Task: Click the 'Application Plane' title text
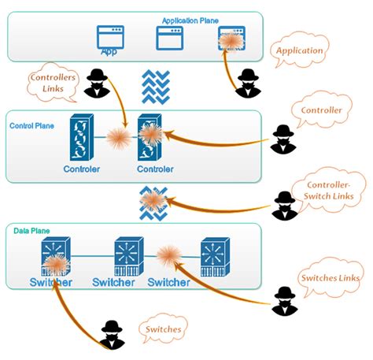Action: point(190,20)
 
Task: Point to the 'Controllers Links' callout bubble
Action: point(53,84)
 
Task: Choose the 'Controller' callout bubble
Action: point(322,111)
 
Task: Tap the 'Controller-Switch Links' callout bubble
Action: point(326,190)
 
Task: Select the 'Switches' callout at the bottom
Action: point(164,328)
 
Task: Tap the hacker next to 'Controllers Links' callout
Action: point(98,84)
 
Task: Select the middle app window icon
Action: point(169,38)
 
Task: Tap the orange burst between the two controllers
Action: point(119,139)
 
